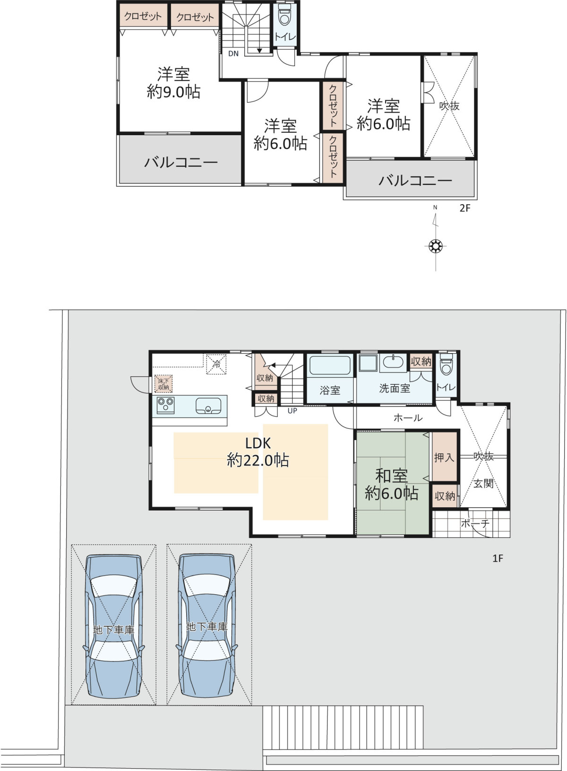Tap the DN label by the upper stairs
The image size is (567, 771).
tap(233, 53)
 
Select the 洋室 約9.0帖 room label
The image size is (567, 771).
tap(173, 83)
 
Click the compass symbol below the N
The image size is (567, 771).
tap(436, 246)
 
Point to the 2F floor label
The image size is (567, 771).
tap(465, 208)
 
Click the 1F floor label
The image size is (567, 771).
tap(498, 558)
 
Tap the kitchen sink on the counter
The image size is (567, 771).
tap(208, 406)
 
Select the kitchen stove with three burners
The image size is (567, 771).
tap(165, 405)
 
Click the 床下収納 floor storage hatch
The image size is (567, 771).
tap(163, 384)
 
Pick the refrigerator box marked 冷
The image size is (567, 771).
tap(216, 364)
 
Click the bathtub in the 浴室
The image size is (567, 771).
tap(330, 365)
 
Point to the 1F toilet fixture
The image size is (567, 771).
tap(446, 364)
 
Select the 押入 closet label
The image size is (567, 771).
tap(444, 458)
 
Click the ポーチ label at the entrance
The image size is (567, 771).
tap(475, 523)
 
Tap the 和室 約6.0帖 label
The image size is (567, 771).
tap(392, 485)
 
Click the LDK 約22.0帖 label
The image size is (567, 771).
tap(258, 451)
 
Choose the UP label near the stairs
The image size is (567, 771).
tap(292, 411)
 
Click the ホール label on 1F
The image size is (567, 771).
tap(408, 418)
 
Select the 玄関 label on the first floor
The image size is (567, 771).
tap(483, 484)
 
